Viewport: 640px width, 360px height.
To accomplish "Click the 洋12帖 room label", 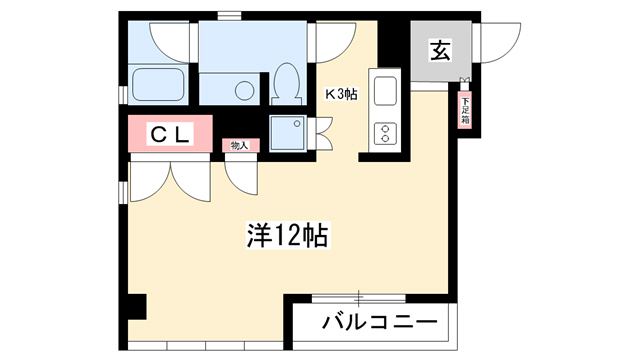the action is pyautogui.click(x=288, y=235).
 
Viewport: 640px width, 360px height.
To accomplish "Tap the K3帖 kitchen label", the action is pyautogui.click(x=341, y=94).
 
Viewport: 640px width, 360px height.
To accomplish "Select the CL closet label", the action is pyautogui.click(x=170, y=134).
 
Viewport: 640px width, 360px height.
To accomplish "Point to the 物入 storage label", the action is pyautogui.click(x=240, y=145).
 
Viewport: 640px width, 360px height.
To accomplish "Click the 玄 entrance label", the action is pyautogui.click(x=440, y=50).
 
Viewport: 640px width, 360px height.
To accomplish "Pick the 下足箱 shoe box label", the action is pyautogui.click(x=465, y=111).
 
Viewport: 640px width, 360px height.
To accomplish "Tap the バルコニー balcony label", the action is pyautogui.click(x=380, y=322).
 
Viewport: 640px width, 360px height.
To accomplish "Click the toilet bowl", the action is pyautogui.click(x=287, y=84).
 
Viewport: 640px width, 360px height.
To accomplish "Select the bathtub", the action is pyautogui.click(x=158, y=84).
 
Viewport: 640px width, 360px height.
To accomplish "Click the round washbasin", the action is pyautogui.click(x=244, y=90).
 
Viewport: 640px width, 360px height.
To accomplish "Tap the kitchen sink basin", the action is pyautogui.click(x=385, y=91).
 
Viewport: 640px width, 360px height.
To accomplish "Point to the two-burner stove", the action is pyautogui.click(x=385, y=133).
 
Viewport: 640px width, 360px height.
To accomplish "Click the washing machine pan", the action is pyautogui.click(x=288, y=132).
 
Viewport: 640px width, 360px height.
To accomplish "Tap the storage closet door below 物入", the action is pyautogui.click(x=241, y=178).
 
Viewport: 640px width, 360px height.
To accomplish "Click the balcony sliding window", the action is pyautogui.click(x=359, y=298).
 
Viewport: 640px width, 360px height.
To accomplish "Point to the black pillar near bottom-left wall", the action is pyautogui.click(x=137, y=307).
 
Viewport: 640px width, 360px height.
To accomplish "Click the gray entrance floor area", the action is pyautogui.click(x=441, y=51).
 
